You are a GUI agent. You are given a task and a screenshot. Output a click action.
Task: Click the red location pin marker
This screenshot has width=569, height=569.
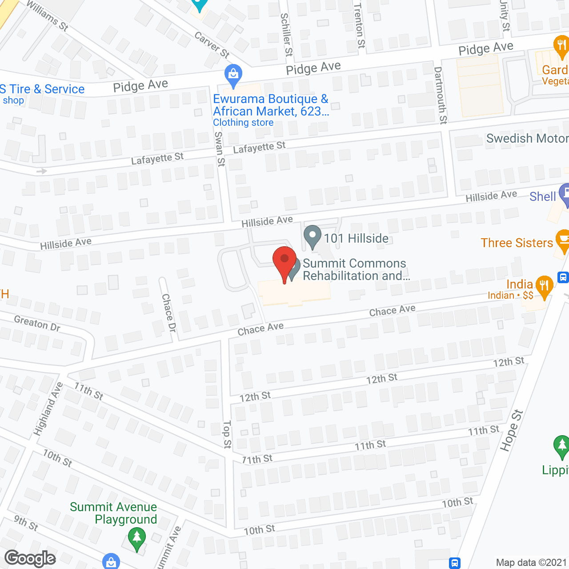coord(284,263)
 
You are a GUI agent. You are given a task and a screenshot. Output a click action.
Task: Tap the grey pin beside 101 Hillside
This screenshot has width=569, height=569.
coord(313,236)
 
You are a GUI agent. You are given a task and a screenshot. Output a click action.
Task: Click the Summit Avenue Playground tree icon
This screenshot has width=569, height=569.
coord(137,539)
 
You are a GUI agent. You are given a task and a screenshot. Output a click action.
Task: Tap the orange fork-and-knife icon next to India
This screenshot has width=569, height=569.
coord(544,287)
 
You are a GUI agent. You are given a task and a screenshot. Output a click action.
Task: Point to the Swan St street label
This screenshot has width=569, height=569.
coord(220,149)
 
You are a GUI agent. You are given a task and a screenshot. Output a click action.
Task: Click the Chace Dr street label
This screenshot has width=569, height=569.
coord(169,312)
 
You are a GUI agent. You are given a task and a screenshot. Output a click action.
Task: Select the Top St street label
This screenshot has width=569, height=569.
coord(227,434)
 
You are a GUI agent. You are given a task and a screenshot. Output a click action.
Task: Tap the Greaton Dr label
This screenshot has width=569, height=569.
coord(37,323)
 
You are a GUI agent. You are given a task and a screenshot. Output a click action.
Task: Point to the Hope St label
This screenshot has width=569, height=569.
coord(512,430)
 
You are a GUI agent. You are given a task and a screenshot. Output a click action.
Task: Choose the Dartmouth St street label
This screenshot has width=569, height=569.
coord(441,95)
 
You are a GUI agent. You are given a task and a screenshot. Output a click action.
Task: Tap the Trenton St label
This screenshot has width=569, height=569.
coord(359,25)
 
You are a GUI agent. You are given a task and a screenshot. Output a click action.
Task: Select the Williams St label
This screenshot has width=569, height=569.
coord(48,16)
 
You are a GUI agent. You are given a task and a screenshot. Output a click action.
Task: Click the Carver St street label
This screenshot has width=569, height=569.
coord(212,45)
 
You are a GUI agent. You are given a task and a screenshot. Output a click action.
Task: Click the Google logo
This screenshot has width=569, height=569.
coord(30,558)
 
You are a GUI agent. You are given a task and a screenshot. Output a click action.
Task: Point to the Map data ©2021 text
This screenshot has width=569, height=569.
coord(531,563)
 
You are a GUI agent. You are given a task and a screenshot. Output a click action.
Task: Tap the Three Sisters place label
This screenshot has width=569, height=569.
coord(517,243)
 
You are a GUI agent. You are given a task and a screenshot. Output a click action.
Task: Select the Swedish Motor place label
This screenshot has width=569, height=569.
coord(527,139)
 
